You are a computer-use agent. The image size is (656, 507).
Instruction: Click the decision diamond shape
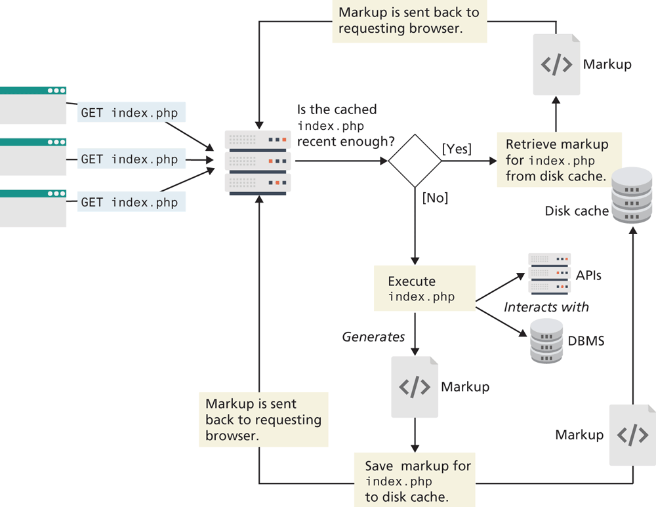tap(415, 161)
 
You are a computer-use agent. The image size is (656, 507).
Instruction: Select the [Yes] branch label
tap(457, 149)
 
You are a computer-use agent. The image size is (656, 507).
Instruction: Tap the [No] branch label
tap(435, 197)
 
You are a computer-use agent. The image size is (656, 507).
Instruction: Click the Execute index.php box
tap(424, 289)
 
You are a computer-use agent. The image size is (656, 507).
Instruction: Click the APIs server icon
tap(550, 274)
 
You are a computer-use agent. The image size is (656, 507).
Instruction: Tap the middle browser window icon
tap(33, 157)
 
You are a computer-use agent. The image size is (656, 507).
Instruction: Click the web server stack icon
tap(258, 161)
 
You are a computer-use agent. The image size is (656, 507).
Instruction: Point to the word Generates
tap(373, 337)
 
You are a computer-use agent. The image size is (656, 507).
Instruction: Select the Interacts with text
tap(546, 307)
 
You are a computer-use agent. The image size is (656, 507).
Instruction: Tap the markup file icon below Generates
tap(415, 387)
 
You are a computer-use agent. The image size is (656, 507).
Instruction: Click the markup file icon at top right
tap(557, 64)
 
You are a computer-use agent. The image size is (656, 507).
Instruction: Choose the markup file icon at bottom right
tap(632, 435)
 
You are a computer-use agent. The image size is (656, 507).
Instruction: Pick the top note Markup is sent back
tap(409, 21)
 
